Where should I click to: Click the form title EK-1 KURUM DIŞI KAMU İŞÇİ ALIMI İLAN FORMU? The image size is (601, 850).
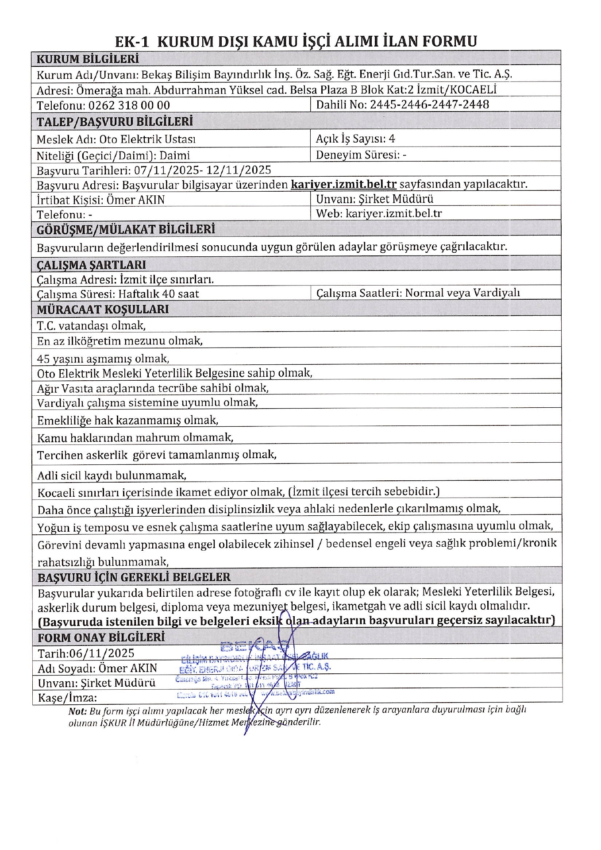pyautogui.click(x=296, y=41)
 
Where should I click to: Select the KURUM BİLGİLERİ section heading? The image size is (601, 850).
pyautogui.click(x=88, y=59)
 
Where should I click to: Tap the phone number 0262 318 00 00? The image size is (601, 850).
pyautogui.click(x=129, y=105)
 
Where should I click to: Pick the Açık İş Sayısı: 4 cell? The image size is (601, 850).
pyautogui.click(x=355, y=139)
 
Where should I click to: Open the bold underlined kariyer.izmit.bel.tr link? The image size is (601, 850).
pyautogui.click(x=343, y=184)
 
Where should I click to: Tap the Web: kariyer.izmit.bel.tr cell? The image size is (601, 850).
pyautogui.click(x=379, y=213)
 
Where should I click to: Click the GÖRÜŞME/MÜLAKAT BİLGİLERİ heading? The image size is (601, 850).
pyautogui.click(x=126, y=229)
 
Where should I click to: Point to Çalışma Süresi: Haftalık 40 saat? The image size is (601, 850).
pyautogui.click(x=118, y=294)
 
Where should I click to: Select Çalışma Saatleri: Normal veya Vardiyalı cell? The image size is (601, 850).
pyautogui.click(x=418, y=293)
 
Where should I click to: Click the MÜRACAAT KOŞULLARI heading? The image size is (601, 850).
pyautogui.click(x=103, y=309)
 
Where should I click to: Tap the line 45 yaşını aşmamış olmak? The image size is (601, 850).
pyautogui.click(x=103, y=358)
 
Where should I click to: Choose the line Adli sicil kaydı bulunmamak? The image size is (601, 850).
pyautogui.click(x=112, y=475)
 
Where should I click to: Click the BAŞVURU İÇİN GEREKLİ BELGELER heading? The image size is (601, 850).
pyautogui.click(x=134, y=577)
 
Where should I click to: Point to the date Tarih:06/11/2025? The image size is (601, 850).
pyautogui.click(x=86, y=653)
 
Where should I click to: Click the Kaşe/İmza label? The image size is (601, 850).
pyautogui.click(x=67, y=698)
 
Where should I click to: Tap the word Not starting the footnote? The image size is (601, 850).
pyautogui.click(x=77, y=711)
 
